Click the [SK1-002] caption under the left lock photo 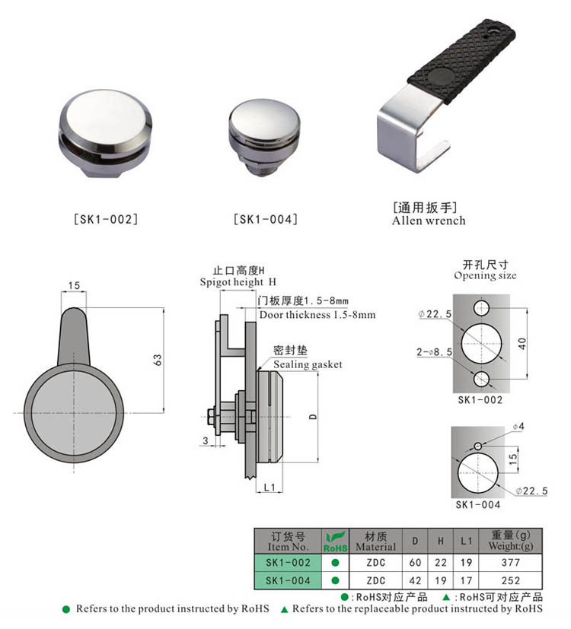[105, 220]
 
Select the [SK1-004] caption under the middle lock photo [265, 220]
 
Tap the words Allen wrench [429, 221]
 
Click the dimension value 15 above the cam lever [73, 286]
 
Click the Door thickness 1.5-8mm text [317, 314]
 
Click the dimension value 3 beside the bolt [204, 440]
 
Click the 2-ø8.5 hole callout [435, 351]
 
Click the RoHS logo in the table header [335, 542]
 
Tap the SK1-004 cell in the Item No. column [288, 580]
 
